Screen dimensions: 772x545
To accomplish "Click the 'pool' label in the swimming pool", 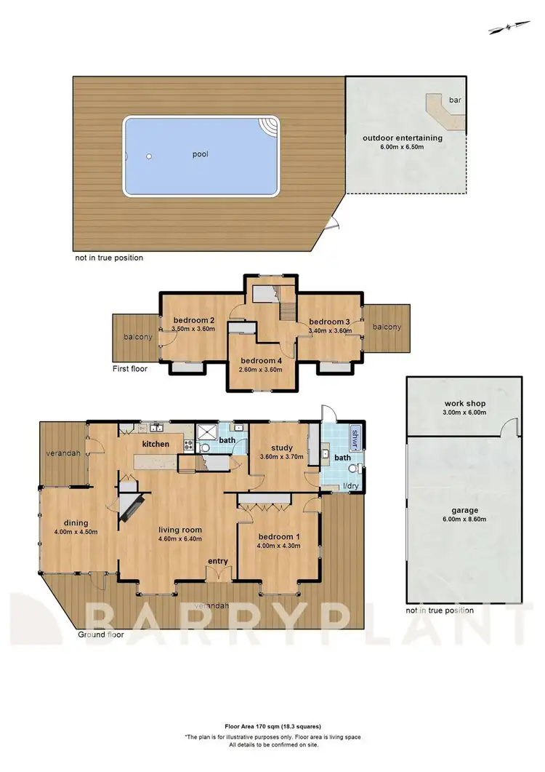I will click(201, 154).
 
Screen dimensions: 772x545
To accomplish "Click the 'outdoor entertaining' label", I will click(403, 138).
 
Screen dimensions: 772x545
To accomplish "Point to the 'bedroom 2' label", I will click(193, 320).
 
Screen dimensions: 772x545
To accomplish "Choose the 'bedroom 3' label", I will click(330, 322).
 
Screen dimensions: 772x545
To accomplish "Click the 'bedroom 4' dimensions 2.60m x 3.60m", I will click(260, 369).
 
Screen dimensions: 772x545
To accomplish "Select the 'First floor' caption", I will click(130, 369).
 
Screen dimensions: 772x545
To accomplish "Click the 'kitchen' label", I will click(156, 444).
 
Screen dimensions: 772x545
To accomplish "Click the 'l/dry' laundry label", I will click(339, 485).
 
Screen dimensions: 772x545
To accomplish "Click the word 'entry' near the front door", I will click(219, 561).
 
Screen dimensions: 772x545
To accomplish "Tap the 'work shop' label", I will click(464, 403).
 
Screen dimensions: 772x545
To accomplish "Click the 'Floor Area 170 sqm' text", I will click(272, 726).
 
